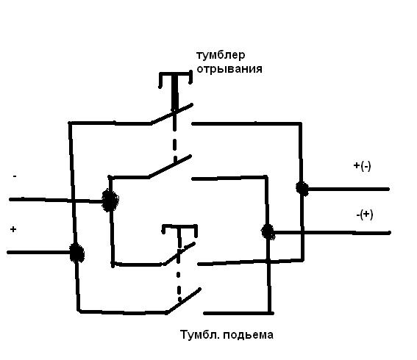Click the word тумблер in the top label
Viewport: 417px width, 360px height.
click(221, 56)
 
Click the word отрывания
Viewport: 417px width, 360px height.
click(229, 69)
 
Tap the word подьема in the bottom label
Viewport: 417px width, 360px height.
click(248, 335)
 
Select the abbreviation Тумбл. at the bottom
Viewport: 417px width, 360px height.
click(201, 334)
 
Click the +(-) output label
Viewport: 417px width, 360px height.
click(362, 166)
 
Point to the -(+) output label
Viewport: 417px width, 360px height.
click(365, 215)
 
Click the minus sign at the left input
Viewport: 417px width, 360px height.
click(15, 176)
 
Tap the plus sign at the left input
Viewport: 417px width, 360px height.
click(13, 229)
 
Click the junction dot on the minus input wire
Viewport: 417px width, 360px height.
click(110, 200)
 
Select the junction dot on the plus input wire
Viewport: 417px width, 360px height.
click(76, 253)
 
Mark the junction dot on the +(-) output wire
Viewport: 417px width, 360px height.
click(302, 188)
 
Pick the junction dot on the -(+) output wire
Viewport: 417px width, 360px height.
click(268, 232)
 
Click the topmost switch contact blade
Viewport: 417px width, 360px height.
click(171, 114)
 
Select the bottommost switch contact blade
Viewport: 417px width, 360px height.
click(184, 300)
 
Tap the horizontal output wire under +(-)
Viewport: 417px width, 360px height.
click(346, 189)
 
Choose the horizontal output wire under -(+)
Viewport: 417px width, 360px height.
click(329, 233)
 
